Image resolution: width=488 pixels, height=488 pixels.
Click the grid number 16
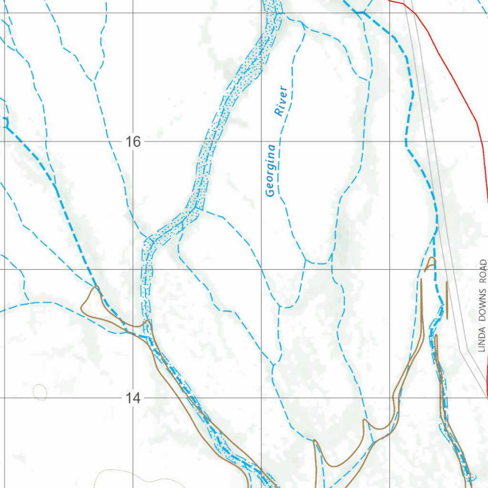(133, 142)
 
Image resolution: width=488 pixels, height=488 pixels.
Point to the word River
(281, 101)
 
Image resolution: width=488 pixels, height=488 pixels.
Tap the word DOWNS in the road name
(482, 306)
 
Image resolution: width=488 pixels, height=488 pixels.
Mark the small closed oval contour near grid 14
(40, 392)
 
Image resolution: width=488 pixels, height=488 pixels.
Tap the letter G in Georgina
(270, 192)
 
